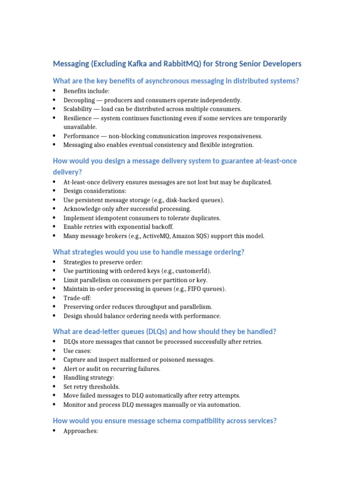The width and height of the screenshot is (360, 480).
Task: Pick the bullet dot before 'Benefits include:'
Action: tap(54, 91)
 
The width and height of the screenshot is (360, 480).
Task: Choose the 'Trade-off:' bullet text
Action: tap(77, 298)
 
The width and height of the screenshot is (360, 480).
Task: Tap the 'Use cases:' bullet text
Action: tap(77, 351)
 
